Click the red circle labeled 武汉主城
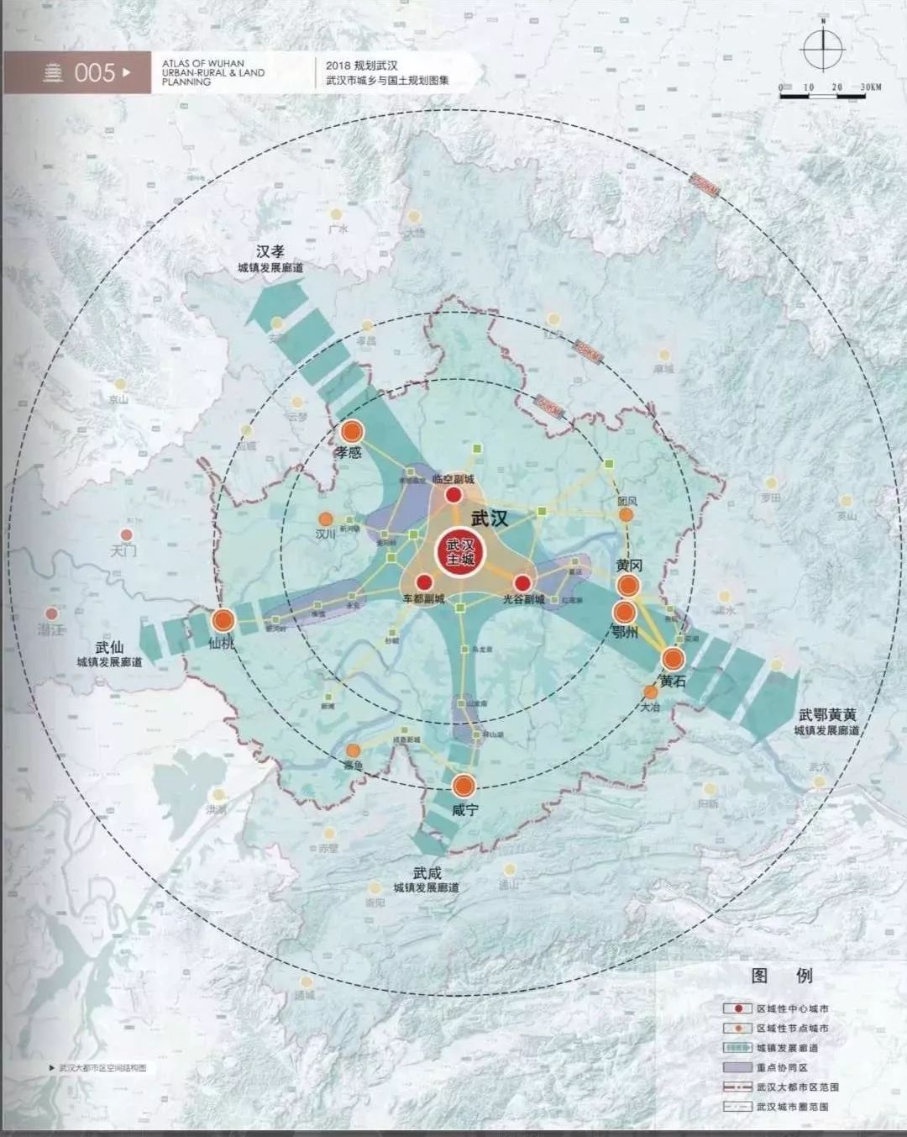point(460,552)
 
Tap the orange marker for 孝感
point(352,432)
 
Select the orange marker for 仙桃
point(223,621)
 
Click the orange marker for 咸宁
point(464,787)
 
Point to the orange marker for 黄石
point(673,658)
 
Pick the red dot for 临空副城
point(453,495)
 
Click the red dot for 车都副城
point(424,582)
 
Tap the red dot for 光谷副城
point(522,582)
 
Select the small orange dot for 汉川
point(326,519)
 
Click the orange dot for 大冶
point(650,692)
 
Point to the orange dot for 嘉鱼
point(354,750)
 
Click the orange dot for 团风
point(627,513)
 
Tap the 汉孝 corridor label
point(270,252)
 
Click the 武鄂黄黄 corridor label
point(827,715)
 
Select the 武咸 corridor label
point(427,873)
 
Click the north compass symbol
point(822,50)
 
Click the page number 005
point(94,73)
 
